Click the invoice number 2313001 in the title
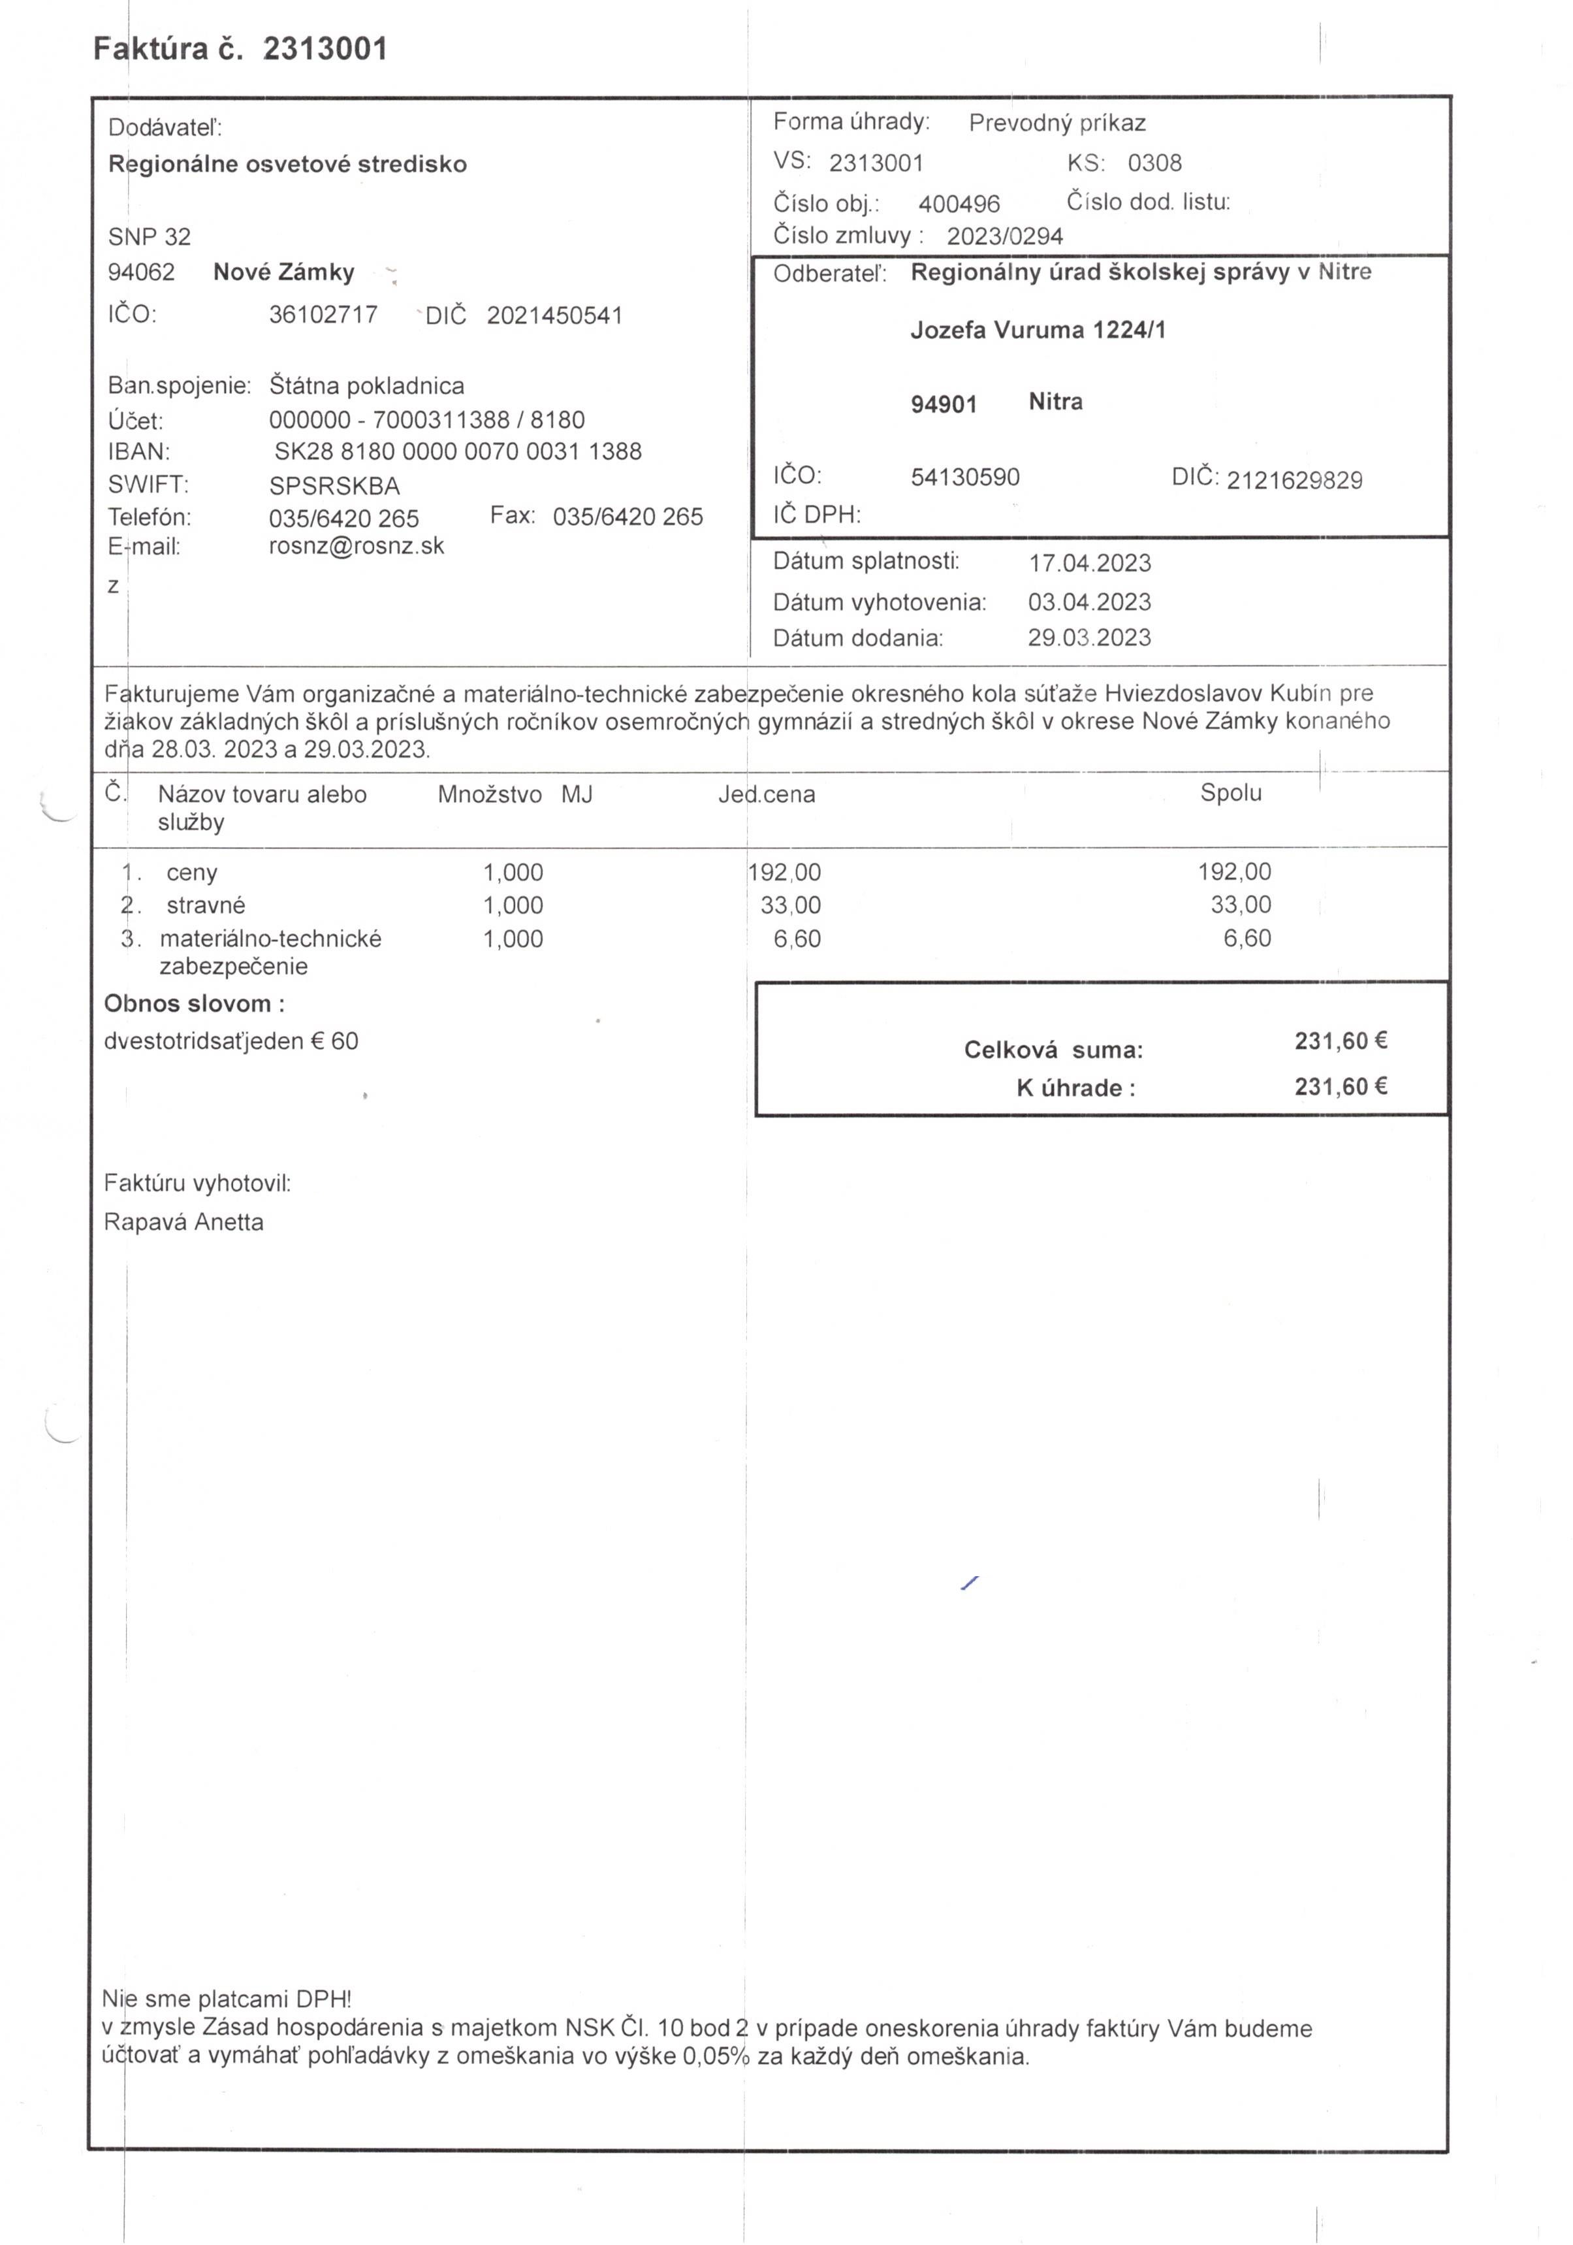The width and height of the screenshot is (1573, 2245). [x=326, y=49]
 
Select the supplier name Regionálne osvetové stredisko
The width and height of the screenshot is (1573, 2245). [x=287, y=164]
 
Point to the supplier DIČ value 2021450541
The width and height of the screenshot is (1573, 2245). [x=554, y=316]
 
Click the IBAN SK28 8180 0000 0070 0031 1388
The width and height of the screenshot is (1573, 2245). [x=458, y=452]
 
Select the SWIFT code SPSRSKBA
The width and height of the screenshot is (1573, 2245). [x=334, y=486]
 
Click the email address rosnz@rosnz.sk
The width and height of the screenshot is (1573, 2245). [x=356, y=545]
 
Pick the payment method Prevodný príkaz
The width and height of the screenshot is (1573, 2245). [x=1057, y=123]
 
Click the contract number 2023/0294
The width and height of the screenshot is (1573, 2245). [x=1004, y=236]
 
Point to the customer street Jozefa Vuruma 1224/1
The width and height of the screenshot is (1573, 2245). [x=1038, y=331]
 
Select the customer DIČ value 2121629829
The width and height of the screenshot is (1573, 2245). [x=1294, y=480]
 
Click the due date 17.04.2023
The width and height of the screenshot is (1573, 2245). [x=1089, y=563]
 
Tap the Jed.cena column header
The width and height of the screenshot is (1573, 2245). [x=767, y=794]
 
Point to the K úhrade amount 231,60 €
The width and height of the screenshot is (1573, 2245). [x=1341, y=1086]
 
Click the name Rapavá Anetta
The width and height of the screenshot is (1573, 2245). [x=183, y=1222]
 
